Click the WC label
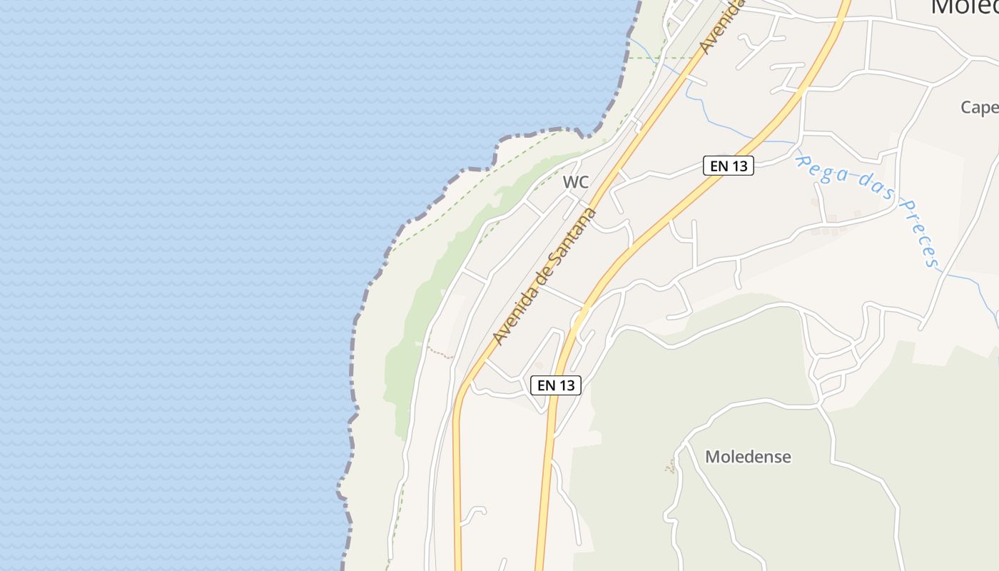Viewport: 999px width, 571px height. tap(576, 182)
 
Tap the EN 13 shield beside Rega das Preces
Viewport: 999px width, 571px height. tap(729, 166)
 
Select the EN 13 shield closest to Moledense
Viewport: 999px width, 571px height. tap(556, 385)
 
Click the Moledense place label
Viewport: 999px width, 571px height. tap(748, 457)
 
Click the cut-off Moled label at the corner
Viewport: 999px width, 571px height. tap(964, 7)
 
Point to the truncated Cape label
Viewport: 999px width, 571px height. tap(979, 107)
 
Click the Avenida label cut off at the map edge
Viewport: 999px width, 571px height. tap(721, 27)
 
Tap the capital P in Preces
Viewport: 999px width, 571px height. tap(905, 209)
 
